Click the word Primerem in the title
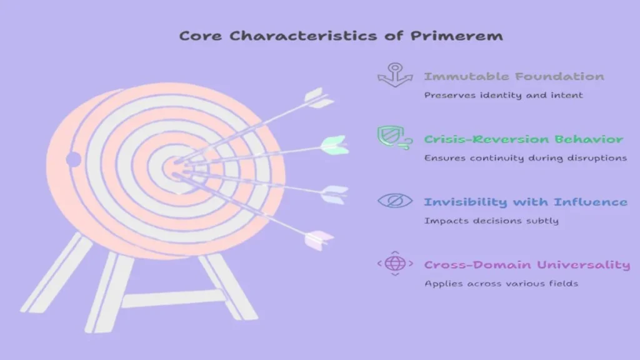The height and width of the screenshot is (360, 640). [457, 36]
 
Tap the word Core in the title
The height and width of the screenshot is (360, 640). [201, 36]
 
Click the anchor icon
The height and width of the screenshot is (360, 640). [395, 75]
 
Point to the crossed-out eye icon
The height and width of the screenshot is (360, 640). [395, 201]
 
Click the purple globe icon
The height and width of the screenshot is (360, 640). [395, 264]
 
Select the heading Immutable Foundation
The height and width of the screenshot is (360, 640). [514, 76]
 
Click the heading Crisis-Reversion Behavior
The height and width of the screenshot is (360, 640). [524, 139]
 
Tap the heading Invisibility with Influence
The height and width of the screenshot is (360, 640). [526, 202]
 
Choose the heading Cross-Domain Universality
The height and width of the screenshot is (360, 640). [527, 265]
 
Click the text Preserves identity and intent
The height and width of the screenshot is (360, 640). [503, 96]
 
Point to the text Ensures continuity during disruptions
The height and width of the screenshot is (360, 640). [525, 158]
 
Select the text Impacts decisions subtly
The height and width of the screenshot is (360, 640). [491, 221]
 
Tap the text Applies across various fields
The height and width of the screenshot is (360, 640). [501, 284]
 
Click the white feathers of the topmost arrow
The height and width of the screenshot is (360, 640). [319, 98]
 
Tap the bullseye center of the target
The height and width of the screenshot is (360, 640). [176, 168]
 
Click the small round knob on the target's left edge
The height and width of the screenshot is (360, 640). [74, 159]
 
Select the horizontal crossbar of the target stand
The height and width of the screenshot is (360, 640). [174, 299]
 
